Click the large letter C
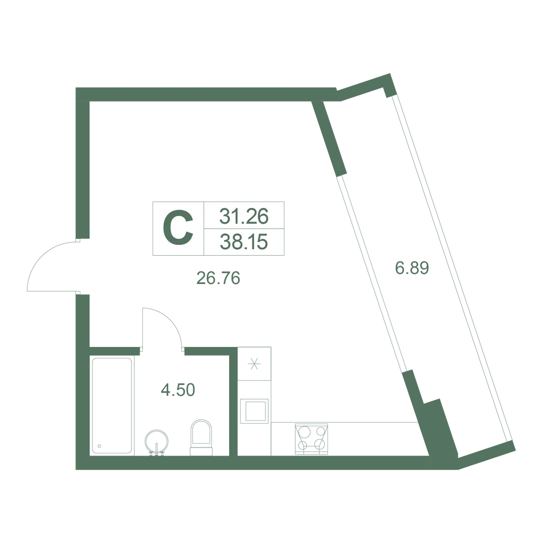tap(178, 228)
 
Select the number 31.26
tap(244, 217)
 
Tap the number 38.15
tap(244, 242)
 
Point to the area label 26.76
tap(218, 277)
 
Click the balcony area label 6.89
tap(412, 268)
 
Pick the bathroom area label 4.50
tap(178, 389)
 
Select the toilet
tap(201, 437)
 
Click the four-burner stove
tap(311, 439)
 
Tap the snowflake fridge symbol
tap(255, 364)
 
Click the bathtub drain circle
tap(100, 446)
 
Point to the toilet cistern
tap(201, 451)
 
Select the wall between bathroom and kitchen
tap(233, 401)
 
